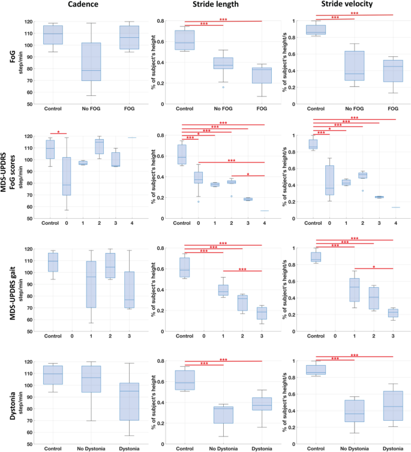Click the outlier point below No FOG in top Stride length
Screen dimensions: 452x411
pyautogui.click(x=224, y=87)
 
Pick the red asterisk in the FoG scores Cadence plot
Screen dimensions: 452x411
pyautogui.click(x=58, y=132)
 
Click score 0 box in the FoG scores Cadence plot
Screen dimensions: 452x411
pyautogui.click(x=65, y=176)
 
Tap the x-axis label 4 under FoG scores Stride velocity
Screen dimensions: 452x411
pyautogui.click(x=396, y=223)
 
